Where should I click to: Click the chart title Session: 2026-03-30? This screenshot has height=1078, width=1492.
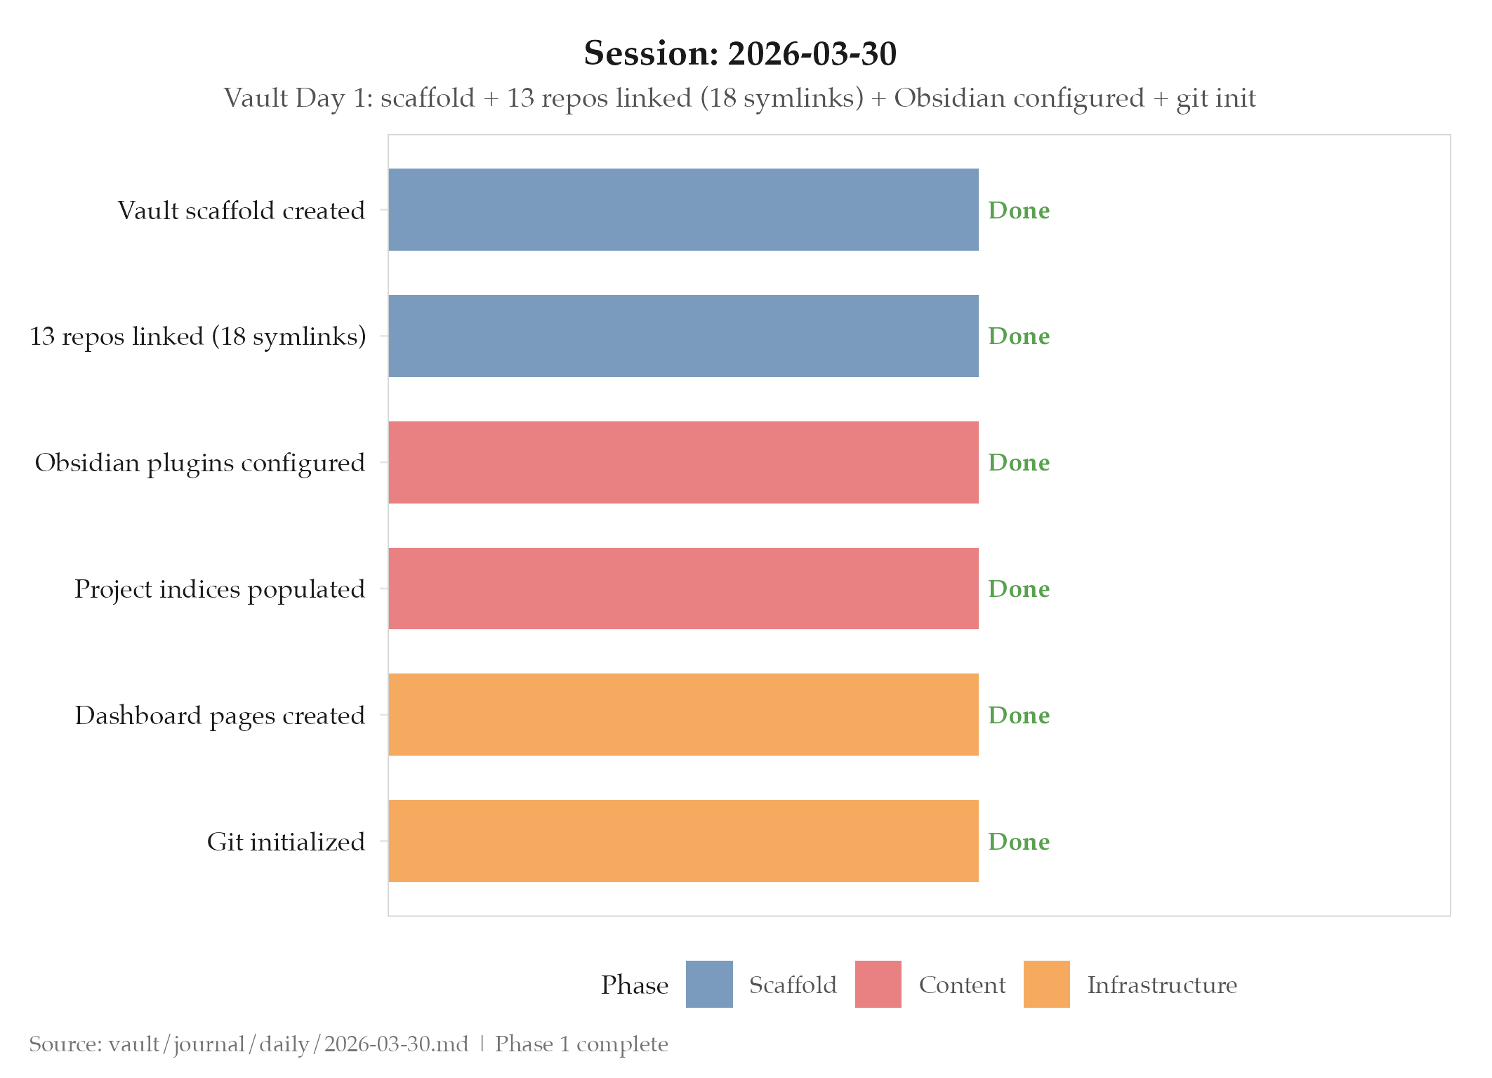pos(740,54)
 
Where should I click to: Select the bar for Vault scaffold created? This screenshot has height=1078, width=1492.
pos(683,209)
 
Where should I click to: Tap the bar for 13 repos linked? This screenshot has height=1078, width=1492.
pos(683,336)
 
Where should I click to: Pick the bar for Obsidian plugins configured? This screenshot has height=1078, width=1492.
pos(683,462)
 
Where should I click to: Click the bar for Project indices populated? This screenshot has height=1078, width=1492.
pos(683,589)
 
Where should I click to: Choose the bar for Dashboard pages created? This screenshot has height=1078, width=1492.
pos(683,714)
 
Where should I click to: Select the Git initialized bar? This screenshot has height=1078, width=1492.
pos(683,841)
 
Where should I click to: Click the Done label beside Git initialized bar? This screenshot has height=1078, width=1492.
pos(1018,841)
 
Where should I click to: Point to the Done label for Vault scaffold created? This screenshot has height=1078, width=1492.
pos(1018,210)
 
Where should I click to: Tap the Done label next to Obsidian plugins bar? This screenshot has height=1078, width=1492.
pos(1018,462)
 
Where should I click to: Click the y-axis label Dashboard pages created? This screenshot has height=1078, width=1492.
pos(220,716)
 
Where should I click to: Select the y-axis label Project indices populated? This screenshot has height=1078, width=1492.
pos(220,589)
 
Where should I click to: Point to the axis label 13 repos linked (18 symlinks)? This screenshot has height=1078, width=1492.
pos(198,336)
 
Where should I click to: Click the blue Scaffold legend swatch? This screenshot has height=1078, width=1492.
pos(709,984)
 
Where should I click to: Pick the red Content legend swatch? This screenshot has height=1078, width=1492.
pos(878,984)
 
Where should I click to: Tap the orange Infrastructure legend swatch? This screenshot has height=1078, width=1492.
pos(1046,984)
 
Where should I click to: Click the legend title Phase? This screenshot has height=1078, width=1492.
pos(634,985)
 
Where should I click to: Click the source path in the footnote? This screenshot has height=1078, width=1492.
pos(288,1044)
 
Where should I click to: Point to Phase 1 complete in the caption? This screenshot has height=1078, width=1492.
pos(581,1044)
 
